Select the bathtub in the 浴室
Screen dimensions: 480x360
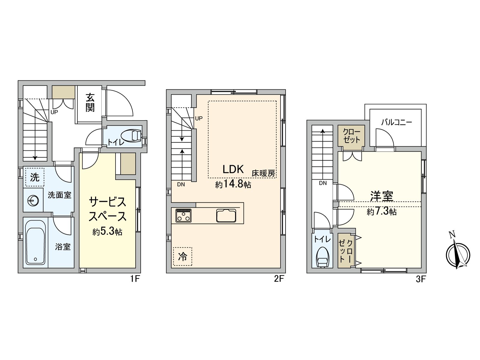35,242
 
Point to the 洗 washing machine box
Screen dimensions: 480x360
34,177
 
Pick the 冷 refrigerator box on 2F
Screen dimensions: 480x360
182,256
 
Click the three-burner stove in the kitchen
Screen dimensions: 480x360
183,215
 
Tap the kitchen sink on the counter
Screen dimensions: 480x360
226,215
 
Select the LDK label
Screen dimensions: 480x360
233,169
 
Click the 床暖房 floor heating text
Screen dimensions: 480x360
263,174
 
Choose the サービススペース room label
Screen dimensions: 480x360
107,209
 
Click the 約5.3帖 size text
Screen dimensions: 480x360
107,232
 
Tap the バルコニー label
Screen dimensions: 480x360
397,122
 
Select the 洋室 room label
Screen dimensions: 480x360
382,196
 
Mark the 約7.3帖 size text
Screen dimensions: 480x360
382,211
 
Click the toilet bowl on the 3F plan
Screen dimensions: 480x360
322,257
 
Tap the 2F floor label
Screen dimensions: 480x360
279,279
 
